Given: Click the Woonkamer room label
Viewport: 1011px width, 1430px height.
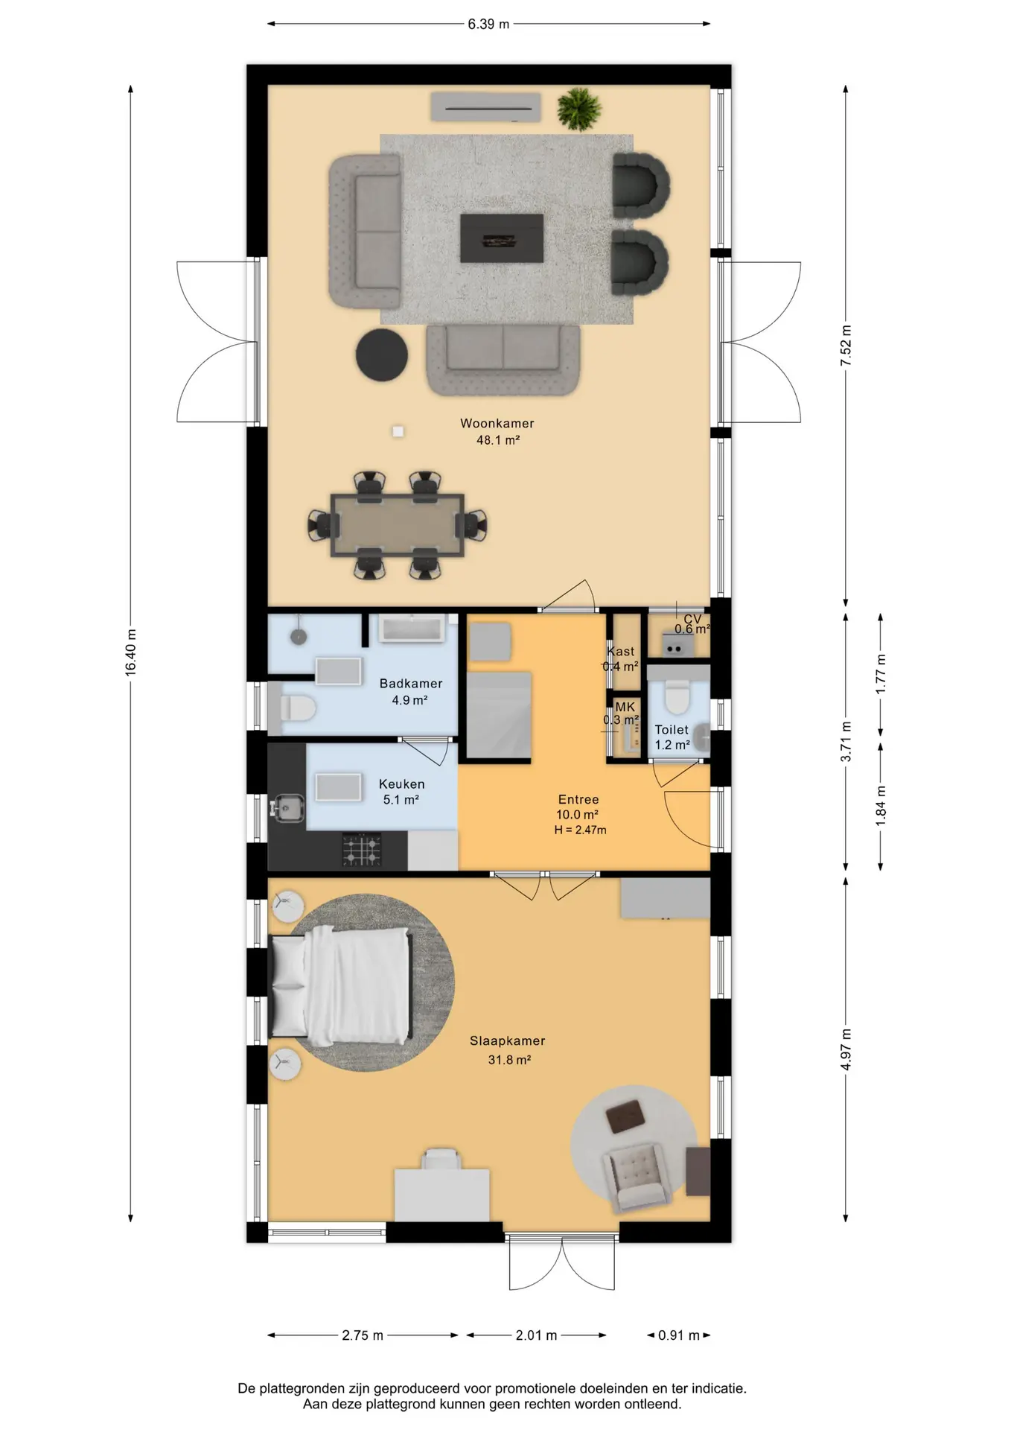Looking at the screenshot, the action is pyautogui.click(x=497, y=423).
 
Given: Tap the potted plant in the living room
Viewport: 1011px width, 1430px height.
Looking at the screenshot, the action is pyautogui.click(x=578, y=109).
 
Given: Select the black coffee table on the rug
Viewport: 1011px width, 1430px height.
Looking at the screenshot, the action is pyautogui.click(x=501, y=238).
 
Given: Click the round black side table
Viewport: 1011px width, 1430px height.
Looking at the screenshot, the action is pyautogui.click(x=381, y=355).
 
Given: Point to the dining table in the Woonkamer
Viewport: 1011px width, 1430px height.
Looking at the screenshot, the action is pyautogui.click(x=398, y=525).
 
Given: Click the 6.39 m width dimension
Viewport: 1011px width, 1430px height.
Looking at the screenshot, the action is pyautogui.click(x=488, y=24).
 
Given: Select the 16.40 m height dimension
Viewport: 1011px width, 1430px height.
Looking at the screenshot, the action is pyautogui.click(x=131, y=653).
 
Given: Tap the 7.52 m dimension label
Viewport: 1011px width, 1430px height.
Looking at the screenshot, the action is pyautogui.click(x=846, y=346).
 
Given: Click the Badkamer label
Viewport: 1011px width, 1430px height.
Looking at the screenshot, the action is pyautogui.click(x=411, y=683).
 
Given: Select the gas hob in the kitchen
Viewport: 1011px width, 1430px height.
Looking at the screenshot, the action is pyautogui.click(x=362, y=850).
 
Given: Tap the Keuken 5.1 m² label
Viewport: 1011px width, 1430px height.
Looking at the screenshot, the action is pyautogui.click(x=401, y=792).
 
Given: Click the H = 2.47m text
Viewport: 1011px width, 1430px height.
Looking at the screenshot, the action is pyautogui.click(x=580, y=830).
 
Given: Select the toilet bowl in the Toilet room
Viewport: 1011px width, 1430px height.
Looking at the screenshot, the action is pyautogui.click(x=677, y=696).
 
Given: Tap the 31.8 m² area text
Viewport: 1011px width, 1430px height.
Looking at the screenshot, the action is pyautogui.click(x=509, y=1060).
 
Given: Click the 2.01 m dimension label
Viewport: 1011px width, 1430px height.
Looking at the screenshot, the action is pyautogui.click(x=536, y=1335).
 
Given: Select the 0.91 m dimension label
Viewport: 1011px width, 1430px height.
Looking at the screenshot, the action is pyautogui.click(x=679, y=1335).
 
